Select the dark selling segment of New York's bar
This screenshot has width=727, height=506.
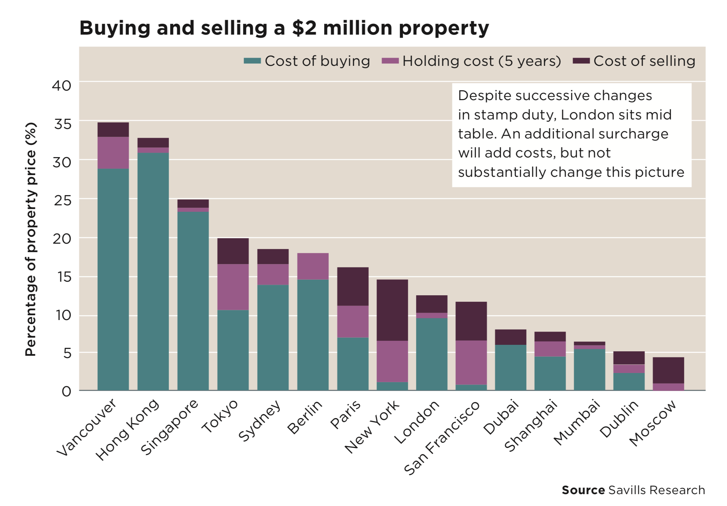[392, 310]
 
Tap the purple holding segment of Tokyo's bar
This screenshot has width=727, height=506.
[233, 287]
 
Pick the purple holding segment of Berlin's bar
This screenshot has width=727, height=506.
[313, 266]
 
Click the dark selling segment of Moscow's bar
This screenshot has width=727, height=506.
[668, 370]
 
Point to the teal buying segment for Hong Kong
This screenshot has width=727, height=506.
[153, 271]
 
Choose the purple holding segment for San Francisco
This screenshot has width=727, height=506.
[471, 362]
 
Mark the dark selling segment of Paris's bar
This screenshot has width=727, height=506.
[353, 286]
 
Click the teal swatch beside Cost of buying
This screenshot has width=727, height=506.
[252, 61]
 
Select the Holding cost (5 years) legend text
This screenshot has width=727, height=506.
[482, 61]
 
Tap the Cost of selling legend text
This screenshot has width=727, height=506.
[644, 61]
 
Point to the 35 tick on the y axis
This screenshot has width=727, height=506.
[62, 124]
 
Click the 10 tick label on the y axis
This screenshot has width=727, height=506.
[63, 315]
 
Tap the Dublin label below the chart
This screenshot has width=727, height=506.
[619, 419]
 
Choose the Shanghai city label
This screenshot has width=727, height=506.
[531, 426]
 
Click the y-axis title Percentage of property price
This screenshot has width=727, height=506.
[31, 239]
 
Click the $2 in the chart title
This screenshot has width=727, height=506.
[304, 28]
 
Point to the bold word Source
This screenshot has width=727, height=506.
[583, 490]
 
